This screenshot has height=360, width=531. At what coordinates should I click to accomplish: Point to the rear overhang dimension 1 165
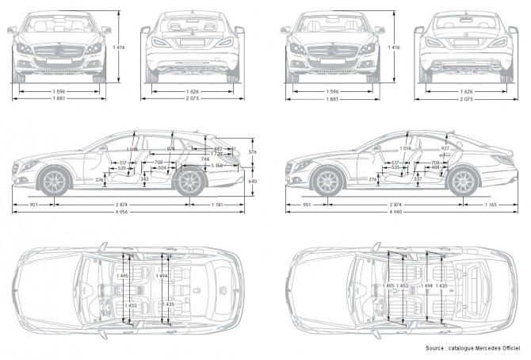489,205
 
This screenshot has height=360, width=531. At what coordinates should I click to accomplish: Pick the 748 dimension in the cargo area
205,159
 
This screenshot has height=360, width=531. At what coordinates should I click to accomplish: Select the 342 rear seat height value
144,179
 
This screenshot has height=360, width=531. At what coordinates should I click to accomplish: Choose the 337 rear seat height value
418,179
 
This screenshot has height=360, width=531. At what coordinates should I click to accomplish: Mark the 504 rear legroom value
162,168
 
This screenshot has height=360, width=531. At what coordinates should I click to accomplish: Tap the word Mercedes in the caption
487,349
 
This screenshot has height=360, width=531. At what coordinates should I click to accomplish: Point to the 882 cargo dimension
218,148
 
